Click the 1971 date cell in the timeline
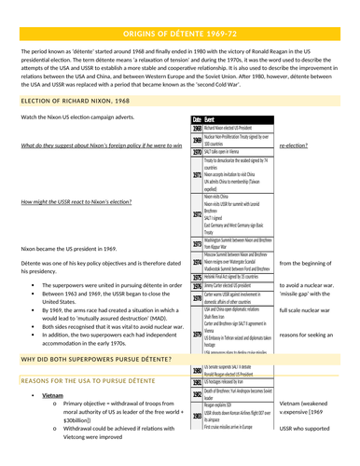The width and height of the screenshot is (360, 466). (197, 173)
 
